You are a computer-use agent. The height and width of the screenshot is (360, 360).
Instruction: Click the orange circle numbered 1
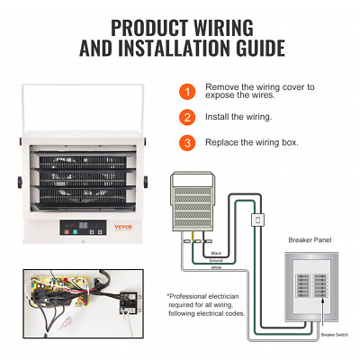(x=186, y=91)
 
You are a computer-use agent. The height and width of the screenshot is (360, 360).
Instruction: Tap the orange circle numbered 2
(x=186, y=116)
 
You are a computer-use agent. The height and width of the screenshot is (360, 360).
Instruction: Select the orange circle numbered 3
(x=186, y=142)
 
